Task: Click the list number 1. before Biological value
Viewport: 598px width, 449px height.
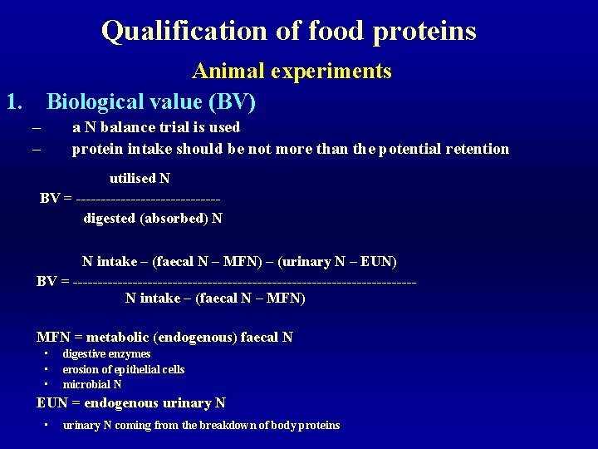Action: (x=14, y=102)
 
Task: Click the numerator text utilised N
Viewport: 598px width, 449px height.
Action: (x=140, y=179)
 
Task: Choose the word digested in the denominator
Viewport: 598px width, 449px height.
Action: (x=110, y=219)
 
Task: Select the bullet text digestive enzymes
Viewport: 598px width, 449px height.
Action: (x=106, y=354)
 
